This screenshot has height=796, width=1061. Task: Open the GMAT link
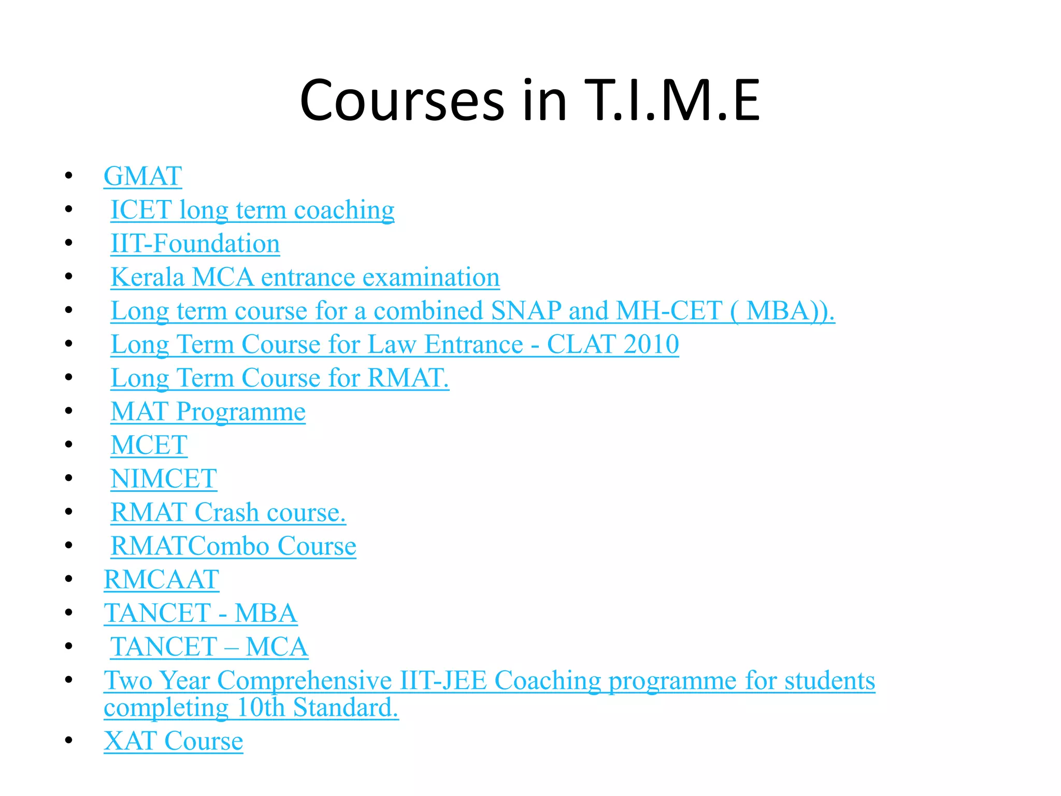(x=142, y=176)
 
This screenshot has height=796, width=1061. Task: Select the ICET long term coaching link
(x=252, y=210)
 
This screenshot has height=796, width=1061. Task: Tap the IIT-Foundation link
(x=195, y=244)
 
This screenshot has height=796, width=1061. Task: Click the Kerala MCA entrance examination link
(x=305, y=277)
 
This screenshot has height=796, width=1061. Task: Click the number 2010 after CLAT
(x=651, y=345)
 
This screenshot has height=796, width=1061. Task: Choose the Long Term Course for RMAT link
(x=279, y=378)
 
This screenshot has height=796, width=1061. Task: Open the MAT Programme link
(x=208, y=411)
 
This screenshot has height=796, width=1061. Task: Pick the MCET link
(x=149, y=445)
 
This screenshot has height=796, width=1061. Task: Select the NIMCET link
(x=164, y=479)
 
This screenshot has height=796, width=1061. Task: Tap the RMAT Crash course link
(x=228, y=513)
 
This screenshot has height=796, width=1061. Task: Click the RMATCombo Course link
(x=233, y=546)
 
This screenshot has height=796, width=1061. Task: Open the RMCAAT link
(x=161, y=579)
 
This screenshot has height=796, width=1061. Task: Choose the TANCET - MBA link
(x=200, y=613)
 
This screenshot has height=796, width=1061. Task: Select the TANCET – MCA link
(x=209, y=647)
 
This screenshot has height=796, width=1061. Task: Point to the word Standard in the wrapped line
(x=345, y=707)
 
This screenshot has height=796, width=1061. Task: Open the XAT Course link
(x=173, y=741)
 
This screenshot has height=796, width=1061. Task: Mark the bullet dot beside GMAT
(x=69, y=176)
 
